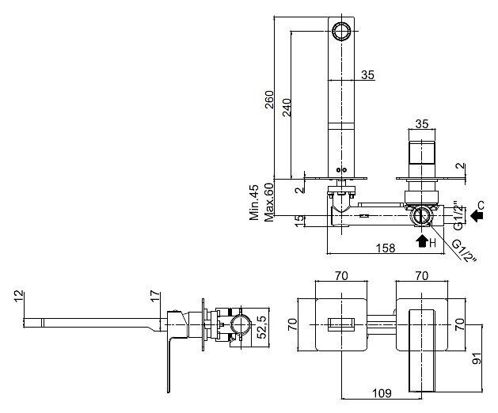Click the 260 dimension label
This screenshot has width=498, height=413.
(269, 100)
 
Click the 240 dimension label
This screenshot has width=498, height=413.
(286, 108)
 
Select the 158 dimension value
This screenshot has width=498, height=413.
(386, 248)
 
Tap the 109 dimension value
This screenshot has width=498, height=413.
(382, 393)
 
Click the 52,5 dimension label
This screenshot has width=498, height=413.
(261, 328)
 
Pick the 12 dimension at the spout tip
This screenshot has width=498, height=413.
(19, 296)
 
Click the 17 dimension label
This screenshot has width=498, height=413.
(155, 296)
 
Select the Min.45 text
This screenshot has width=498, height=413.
(254, 202)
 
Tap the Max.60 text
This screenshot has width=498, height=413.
(268, 202)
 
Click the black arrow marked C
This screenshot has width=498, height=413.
(477, 216)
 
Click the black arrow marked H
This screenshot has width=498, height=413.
(422, 241)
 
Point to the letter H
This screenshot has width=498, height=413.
(432, 244)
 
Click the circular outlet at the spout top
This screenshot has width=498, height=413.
(341, 31)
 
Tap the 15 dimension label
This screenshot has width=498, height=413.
(299, 221)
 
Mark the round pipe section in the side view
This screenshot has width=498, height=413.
(241, 326)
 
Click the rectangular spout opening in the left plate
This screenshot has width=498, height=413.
(341, 324)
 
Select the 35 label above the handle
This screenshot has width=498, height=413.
(422, 123)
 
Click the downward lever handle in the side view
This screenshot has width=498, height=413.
(169, 365)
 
